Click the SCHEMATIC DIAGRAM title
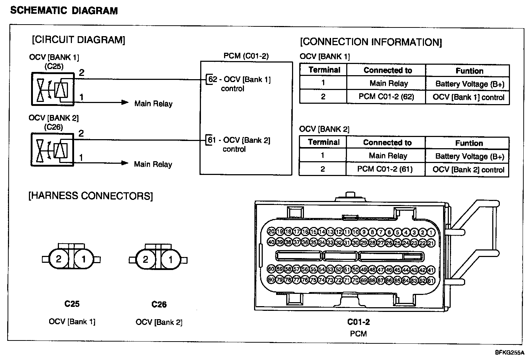click(64, 10)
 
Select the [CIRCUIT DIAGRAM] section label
click(78, 40)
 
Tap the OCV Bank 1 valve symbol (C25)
click(52, 89)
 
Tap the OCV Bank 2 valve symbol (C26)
click(52, 150)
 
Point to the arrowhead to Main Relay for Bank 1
click(125, 103)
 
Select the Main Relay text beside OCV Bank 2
click(153, 164)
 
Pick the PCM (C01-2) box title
click(246, 56)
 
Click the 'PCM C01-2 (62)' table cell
click(386, 97)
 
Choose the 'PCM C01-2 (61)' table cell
click(385, 169)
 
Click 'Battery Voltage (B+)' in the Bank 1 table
click(469, 84)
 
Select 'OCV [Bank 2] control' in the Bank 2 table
click(468, 170)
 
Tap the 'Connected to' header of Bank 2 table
click(387, 143)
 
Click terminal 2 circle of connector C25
click(59, 259)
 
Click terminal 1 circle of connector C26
click(171, 260)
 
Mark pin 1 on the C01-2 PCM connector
click(431, 232)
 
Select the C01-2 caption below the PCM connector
click(359, 322)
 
